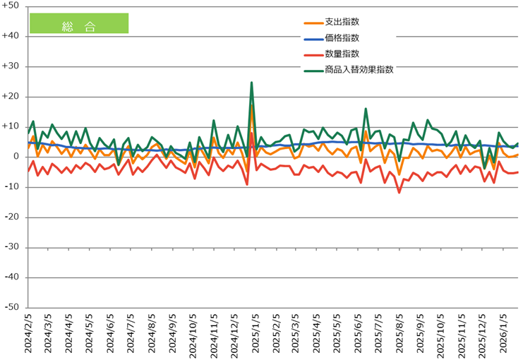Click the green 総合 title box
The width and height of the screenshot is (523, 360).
tap(78, 23)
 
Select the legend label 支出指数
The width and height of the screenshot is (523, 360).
tap(342, 23)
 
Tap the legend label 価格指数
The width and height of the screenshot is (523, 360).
tap(342, 38)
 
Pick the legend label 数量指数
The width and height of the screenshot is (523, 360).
tap(342, 54)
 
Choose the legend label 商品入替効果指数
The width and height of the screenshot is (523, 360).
tap(359, 69)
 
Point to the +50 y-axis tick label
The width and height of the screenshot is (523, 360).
tap(12, 6)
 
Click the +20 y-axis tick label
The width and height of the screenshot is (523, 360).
tap(12, 97)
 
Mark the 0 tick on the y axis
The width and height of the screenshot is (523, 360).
tap(17, 157)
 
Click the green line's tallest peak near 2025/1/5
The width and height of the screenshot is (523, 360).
tap(251, 83)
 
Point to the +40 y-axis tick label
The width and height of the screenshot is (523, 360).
tap(12, 36)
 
